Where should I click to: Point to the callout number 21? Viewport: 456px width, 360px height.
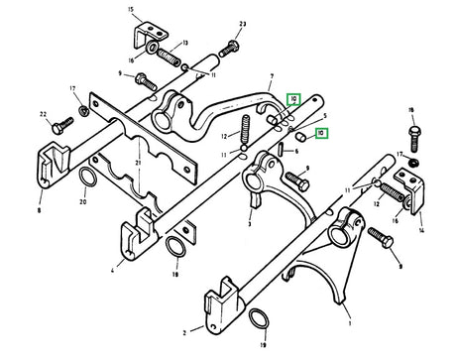pos(138,161)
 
